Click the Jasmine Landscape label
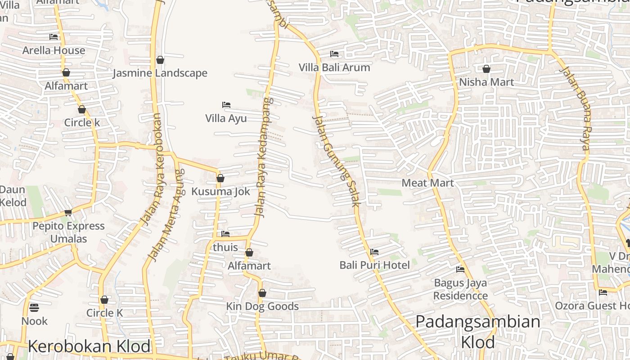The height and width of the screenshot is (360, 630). coord(160,73)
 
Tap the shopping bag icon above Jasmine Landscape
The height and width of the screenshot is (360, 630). coord(160,60)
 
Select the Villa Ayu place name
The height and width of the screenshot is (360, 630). coord(226,118)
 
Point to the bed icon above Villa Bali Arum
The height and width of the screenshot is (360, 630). coord(334,54)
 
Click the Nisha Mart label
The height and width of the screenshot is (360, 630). coord(486,82)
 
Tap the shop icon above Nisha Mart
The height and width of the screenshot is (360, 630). coord(486,69)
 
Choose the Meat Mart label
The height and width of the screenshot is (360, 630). coord(427,183)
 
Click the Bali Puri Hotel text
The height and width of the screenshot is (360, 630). coord(374,265)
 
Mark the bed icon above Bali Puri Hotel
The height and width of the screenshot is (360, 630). coord(374,252)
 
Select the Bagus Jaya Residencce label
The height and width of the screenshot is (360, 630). coord(460,289)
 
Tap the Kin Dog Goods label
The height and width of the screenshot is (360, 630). coord(262,306)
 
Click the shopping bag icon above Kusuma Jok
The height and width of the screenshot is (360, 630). coord(220,178)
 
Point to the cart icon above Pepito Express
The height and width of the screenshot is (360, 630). coord(68,212)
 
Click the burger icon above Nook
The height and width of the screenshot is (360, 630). coord(34,308)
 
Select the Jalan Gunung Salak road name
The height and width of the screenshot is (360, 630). coord(336,161)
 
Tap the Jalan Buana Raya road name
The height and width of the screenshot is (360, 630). coord(574,108)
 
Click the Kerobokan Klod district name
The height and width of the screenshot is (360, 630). coord(89,346)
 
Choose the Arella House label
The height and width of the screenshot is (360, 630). coord(54,50)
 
